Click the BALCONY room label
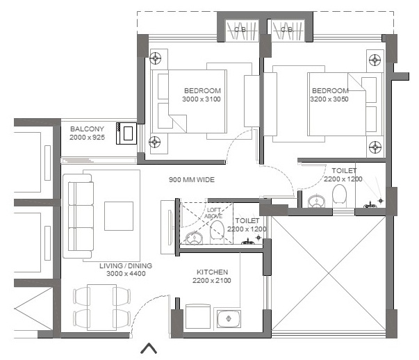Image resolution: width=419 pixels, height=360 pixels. (x=87, y=129)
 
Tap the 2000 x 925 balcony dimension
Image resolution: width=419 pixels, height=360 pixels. (x=87, y=138)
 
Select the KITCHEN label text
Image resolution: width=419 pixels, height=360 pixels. (x=212, y=272)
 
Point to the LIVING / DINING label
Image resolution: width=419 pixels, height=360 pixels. (x=126, y=265)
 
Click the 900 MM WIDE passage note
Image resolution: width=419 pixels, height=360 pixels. (x=192, y=179)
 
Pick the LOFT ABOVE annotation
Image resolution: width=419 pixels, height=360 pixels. (x=213, y=213)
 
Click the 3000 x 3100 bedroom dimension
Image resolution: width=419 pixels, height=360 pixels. (x=202, y=99)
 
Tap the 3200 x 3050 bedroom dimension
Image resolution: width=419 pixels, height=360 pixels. (x=329, y=99)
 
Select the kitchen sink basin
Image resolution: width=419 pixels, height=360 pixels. (x=229, y=318)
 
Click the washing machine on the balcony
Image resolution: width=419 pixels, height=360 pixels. (x=126, y=133)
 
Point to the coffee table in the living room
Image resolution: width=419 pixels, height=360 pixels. (x=119, y=216)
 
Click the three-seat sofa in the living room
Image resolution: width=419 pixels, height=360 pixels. (x=78, y=216)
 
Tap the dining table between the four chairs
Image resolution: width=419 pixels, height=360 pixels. (x=102, y=307)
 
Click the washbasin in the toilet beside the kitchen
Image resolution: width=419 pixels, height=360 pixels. (x=195, y=238)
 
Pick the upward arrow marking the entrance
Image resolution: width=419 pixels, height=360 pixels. (x=149, y=348)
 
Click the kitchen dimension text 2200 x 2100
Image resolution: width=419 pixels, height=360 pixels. (x=212, y=281)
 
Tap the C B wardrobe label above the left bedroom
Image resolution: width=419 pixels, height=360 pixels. (x=240, y=29)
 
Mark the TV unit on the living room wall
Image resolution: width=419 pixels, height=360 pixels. (x=167, y=227)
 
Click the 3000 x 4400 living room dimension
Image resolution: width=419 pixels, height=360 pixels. (x=126, y=274)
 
